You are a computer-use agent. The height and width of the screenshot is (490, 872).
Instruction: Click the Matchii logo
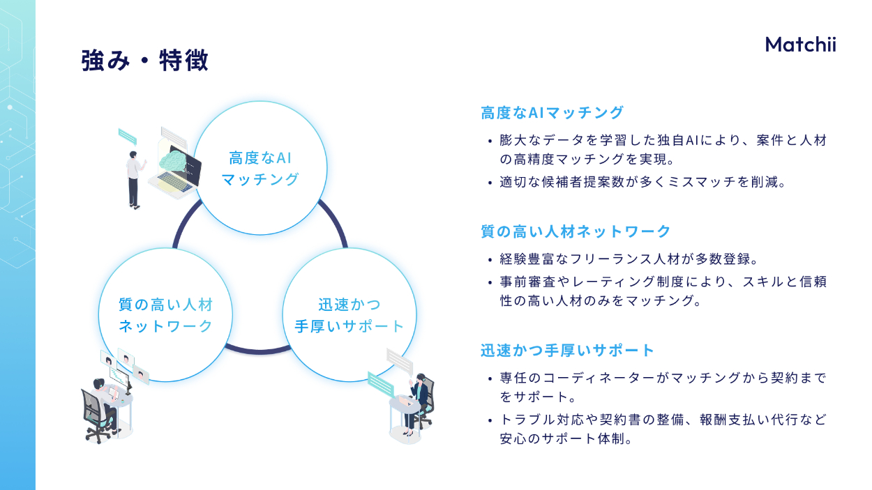coord(800,45)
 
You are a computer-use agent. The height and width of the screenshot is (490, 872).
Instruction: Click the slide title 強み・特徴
coord(144,61)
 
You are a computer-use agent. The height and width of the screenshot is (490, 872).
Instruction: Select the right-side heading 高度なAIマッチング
coord(552,112)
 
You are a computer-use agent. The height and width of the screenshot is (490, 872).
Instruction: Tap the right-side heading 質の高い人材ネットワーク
coord(576,231)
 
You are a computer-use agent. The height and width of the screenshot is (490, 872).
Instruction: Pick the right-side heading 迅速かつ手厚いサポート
coord(567,350)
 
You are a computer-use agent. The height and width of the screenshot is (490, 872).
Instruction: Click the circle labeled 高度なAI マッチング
coord(260,168)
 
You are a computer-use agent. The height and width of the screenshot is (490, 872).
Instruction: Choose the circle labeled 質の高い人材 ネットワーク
coord(165,315)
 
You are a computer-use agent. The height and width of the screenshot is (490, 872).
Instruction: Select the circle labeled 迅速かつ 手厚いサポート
coord(349,315)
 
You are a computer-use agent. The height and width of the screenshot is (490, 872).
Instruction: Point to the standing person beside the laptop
coord(134,178)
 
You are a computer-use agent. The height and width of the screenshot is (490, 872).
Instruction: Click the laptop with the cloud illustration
coord(177,167)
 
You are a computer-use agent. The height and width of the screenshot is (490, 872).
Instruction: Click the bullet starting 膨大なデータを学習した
coord(663,150)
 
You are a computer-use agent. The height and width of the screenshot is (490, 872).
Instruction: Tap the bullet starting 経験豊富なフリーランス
coord(628,259)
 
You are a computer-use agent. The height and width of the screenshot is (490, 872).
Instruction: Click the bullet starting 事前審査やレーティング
coord(663,291)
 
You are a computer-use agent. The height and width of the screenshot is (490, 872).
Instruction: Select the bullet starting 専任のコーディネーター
coord(663,388)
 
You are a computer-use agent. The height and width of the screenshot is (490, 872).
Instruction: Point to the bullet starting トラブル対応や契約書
coord(663,429)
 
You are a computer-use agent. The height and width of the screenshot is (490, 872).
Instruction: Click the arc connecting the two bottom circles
coord(258,350)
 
